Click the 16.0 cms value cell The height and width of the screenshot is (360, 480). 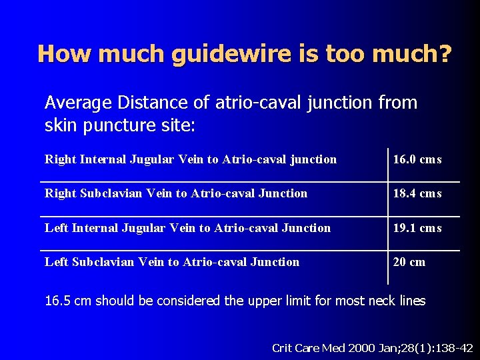[417, 159]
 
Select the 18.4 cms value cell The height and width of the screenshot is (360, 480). [417, 193]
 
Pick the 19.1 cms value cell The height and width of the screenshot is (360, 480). [417, 228]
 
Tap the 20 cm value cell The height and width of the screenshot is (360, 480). [409, 262]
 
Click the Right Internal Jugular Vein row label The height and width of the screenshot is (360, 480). [191, 159]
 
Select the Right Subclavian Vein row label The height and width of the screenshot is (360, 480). [176, 193]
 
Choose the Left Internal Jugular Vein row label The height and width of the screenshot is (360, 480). [187, 228]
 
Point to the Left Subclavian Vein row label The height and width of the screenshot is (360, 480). [172, 262]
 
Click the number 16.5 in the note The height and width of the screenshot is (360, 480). [58, 301]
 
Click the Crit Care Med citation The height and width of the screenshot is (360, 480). [373, 347]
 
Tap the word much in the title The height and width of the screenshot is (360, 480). [133, 53]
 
